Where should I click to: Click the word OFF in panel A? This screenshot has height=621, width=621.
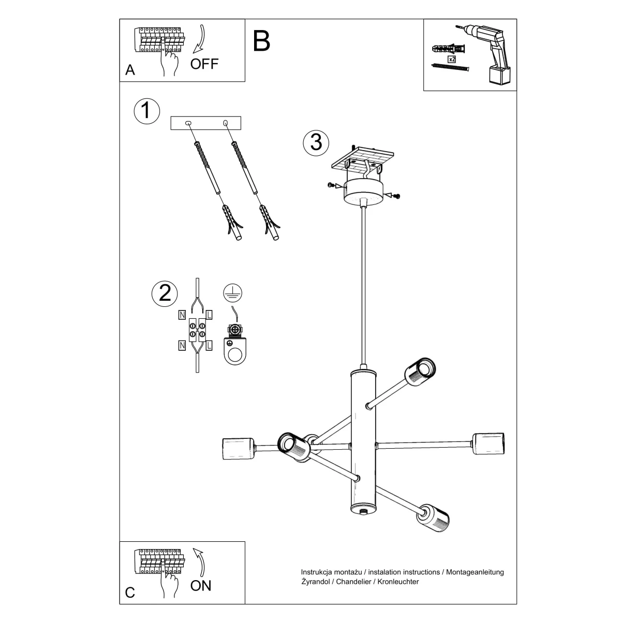(204, 64)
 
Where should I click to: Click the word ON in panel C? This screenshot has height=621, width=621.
(201, 585)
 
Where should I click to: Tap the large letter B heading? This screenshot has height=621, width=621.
(262, 41)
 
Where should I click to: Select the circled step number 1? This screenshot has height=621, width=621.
(146, 110)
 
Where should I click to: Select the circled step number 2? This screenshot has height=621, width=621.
(165, 293)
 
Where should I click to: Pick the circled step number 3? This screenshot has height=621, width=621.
(316, 142)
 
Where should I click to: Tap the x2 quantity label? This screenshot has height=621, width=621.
(452, 60)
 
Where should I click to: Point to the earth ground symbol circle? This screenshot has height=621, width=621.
(232, 293)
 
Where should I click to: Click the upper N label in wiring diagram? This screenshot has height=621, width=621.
(182, 314)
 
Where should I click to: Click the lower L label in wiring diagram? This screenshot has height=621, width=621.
(209, 345)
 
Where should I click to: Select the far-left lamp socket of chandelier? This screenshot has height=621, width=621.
(238, 448)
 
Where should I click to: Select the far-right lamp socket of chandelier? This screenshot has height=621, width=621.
(489, 443)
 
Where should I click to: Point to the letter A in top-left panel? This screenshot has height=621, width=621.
(130, 70)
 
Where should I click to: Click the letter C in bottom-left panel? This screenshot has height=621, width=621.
(130, 592)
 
